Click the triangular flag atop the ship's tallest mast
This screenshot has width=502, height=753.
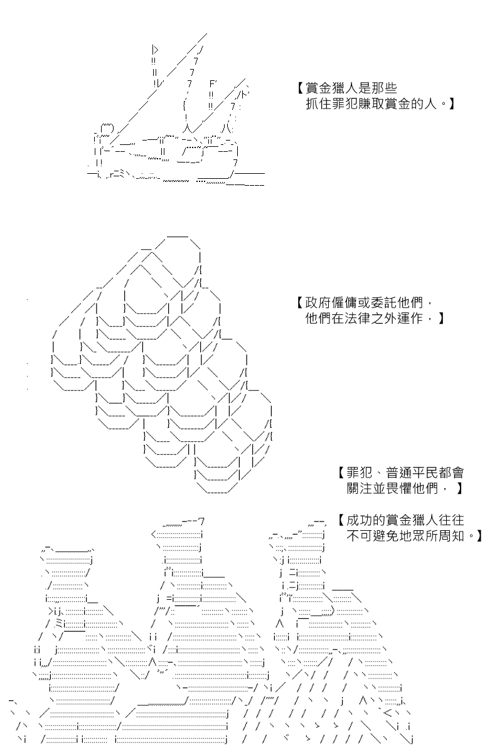[155, 50]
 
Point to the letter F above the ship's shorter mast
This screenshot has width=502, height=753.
[213, 83]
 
